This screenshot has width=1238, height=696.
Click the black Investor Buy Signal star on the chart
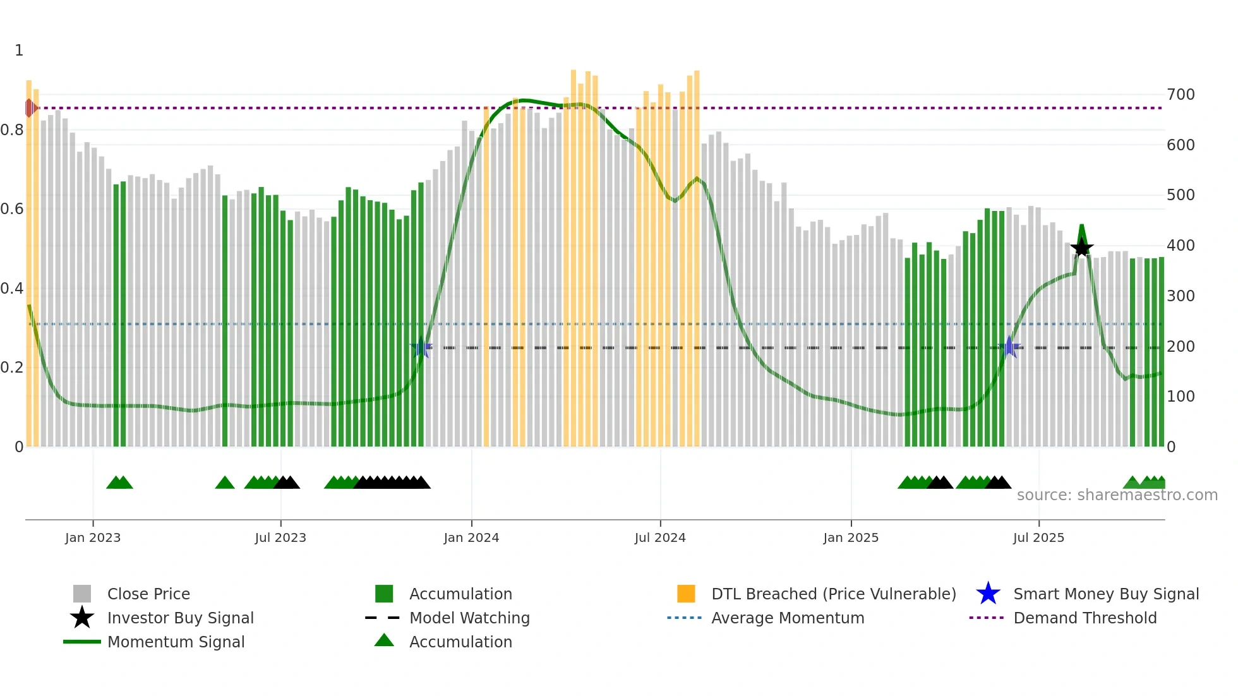(1081, 248)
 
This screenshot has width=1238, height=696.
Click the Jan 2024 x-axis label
(471, 538)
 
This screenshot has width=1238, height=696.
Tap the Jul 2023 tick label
(280, 538)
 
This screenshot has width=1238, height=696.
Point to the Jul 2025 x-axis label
(1038, 538)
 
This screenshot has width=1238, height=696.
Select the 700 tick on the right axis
(1181, 95)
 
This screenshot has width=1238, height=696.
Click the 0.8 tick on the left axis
(12, 130)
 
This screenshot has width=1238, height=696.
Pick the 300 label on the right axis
(1181, 296)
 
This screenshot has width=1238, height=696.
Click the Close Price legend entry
(148, 594)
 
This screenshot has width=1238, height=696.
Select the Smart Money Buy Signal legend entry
(1105, 594)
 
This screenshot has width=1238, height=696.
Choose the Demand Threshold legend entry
(1085, 618)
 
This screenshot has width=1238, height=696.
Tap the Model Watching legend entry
(469, 618)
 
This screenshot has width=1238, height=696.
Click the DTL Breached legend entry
(833, 594)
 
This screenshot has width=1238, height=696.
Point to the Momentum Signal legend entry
(176, 642)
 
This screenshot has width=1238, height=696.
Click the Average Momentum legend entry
(788, 618)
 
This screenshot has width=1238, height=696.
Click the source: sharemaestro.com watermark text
(1117, 495)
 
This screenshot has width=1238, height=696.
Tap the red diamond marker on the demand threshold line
(30, 108)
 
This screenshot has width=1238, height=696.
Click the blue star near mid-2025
(1009, 347)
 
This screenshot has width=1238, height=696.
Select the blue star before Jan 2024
(421, 347)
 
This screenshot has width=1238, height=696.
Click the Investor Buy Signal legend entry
(180, 618)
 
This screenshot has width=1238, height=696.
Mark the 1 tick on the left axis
(19, 51)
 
